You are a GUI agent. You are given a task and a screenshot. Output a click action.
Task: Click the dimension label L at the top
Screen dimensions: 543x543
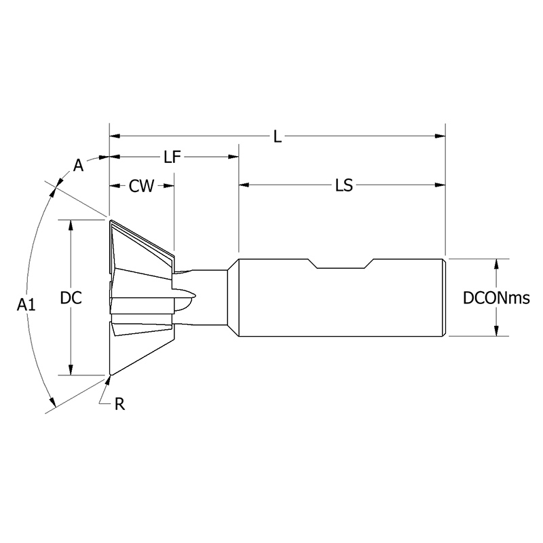277,136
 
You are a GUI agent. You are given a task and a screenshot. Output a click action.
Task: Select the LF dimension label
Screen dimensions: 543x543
172,157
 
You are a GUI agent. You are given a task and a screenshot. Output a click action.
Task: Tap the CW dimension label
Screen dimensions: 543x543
141,186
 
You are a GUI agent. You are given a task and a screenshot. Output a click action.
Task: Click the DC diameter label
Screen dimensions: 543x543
71,298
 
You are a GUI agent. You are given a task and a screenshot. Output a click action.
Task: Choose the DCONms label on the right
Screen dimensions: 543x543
495,298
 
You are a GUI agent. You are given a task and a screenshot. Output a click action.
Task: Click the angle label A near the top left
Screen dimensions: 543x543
78,166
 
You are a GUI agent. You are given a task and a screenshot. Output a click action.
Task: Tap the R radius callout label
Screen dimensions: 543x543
119,405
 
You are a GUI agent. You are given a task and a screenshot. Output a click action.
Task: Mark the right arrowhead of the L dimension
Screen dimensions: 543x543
440,136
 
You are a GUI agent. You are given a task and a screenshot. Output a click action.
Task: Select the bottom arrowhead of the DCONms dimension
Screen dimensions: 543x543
498,331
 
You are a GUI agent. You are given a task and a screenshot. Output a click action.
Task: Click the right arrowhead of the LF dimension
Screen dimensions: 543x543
233,157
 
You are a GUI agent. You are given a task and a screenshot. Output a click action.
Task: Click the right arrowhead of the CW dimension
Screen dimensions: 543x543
169,186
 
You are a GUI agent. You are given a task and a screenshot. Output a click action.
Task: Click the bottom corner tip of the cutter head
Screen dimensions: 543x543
110,375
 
